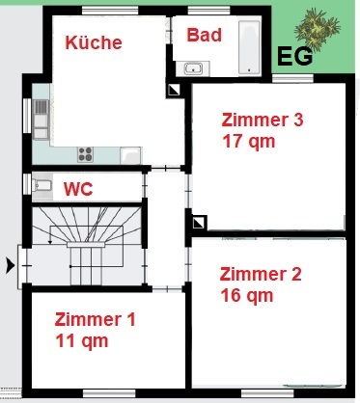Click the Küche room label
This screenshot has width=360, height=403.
(x=94, y=42)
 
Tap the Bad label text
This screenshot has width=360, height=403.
(x=205, y=35)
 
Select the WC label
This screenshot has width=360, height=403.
(x=78, y=189)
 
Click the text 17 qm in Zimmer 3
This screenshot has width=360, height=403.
(x=249, y=142)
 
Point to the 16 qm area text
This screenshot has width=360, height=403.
(x=247, y=295)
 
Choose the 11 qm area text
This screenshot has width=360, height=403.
(x=82, y=340)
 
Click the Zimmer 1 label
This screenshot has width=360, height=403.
(x=95, y=319)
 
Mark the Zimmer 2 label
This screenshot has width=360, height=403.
(x=261, y=274)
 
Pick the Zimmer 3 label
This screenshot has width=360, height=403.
(x=263, y=120)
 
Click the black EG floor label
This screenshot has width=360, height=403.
(x=294, y=57)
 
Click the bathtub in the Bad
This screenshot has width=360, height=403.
(x=249, y=47)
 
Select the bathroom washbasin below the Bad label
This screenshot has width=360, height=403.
(x=193, y=68)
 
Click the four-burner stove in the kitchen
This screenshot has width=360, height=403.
(x=86, y=154)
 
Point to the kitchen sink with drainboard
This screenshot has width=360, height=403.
(x=41, y=120)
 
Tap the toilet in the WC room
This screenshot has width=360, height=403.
(x=42, y=185)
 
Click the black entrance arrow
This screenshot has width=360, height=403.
(x=11, y=266)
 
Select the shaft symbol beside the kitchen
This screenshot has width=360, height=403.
(x=174, y=91)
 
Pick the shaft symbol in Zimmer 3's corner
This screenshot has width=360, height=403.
(x=198, y=223)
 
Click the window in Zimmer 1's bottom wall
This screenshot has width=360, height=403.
(x=109, y=393)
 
